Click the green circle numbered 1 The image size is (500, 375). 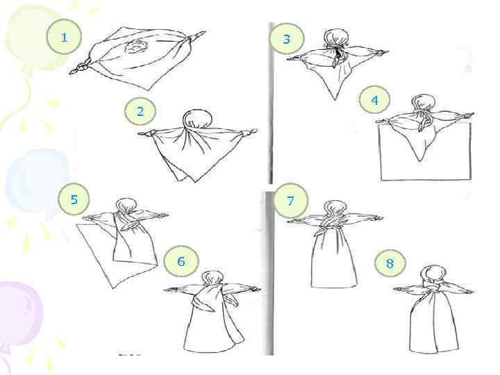pos(64,37)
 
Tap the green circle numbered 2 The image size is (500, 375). pos(140,112)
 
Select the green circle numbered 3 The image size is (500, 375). pos(287,39)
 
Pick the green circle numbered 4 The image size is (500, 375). pos(375,100)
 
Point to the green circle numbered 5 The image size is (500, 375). pos(74,199)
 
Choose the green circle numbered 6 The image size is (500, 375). pos(181,261)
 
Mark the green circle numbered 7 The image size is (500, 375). pos(291,201)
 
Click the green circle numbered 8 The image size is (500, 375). pos(390,263)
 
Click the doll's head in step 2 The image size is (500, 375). pos(194,119)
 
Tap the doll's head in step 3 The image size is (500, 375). pos(335,37)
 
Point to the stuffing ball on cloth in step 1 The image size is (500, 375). pos(135,47)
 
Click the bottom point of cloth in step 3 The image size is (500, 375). pos(335,99)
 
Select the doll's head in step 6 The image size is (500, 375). pos(212,278)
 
